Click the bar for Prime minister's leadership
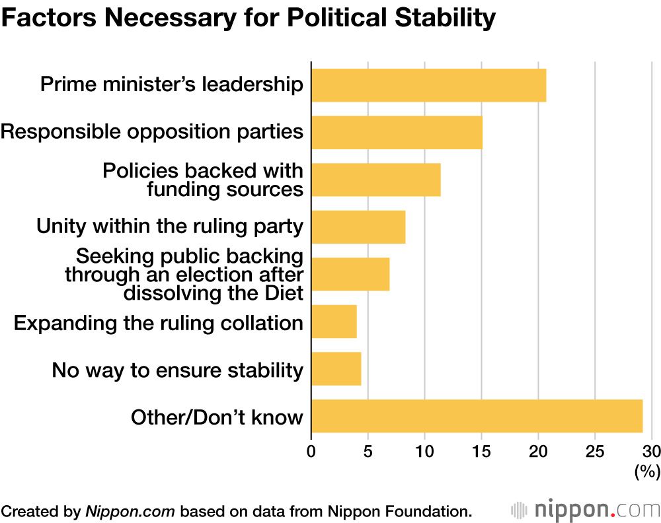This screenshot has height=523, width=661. (428, 85)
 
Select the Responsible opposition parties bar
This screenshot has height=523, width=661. (397, 132)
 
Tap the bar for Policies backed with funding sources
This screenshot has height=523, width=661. (375, 180)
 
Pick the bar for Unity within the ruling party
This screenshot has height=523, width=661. (358, 227)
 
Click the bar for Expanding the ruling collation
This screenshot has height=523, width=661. (334, 322)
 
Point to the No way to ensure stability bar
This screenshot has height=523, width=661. (336, 368)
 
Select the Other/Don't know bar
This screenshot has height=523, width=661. (477, 416)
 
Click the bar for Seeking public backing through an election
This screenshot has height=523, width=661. (350, 274)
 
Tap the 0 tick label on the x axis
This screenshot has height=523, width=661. (311, 452)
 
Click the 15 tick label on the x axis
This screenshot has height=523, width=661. (482, 452)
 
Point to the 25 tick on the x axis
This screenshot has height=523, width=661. (595, 452)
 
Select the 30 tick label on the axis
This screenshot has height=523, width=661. (651, 452)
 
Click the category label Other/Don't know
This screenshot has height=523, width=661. (217, 417)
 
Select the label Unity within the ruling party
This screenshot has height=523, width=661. (170, 227)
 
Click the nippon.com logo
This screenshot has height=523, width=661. (586, 510)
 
